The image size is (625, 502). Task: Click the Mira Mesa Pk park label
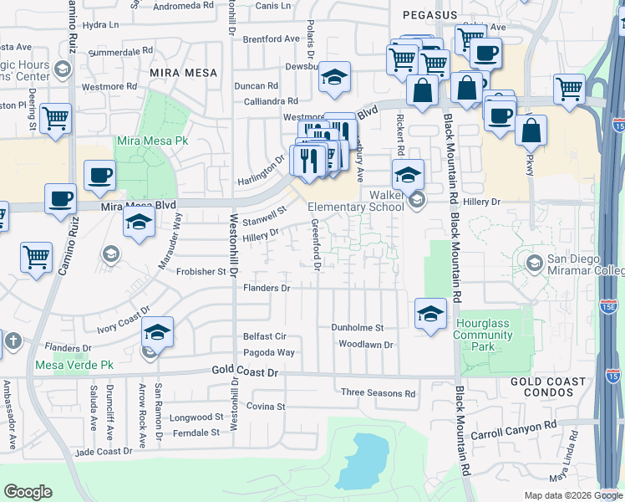coord(151,141)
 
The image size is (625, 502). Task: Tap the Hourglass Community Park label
coord(484,335)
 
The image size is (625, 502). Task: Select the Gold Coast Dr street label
coord(244,371)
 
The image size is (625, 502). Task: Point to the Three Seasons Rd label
coord(378,392)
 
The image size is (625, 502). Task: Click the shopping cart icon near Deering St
coord(56,118)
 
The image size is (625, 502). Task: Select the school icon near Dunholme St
coord(429,314)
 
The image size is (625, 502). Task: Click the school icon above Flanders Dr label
coord(157,332)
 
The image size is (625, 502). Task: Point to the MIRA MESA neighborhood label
coord(183,73)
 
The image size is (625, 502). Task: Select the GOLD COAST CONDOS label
coord(548,387)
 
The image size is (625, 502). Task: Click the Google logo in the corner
coord(27,492)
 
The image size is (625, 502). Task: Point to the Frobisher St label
coord(200,271)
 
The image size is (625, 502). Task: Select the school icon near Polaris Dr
coord(335,78)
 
